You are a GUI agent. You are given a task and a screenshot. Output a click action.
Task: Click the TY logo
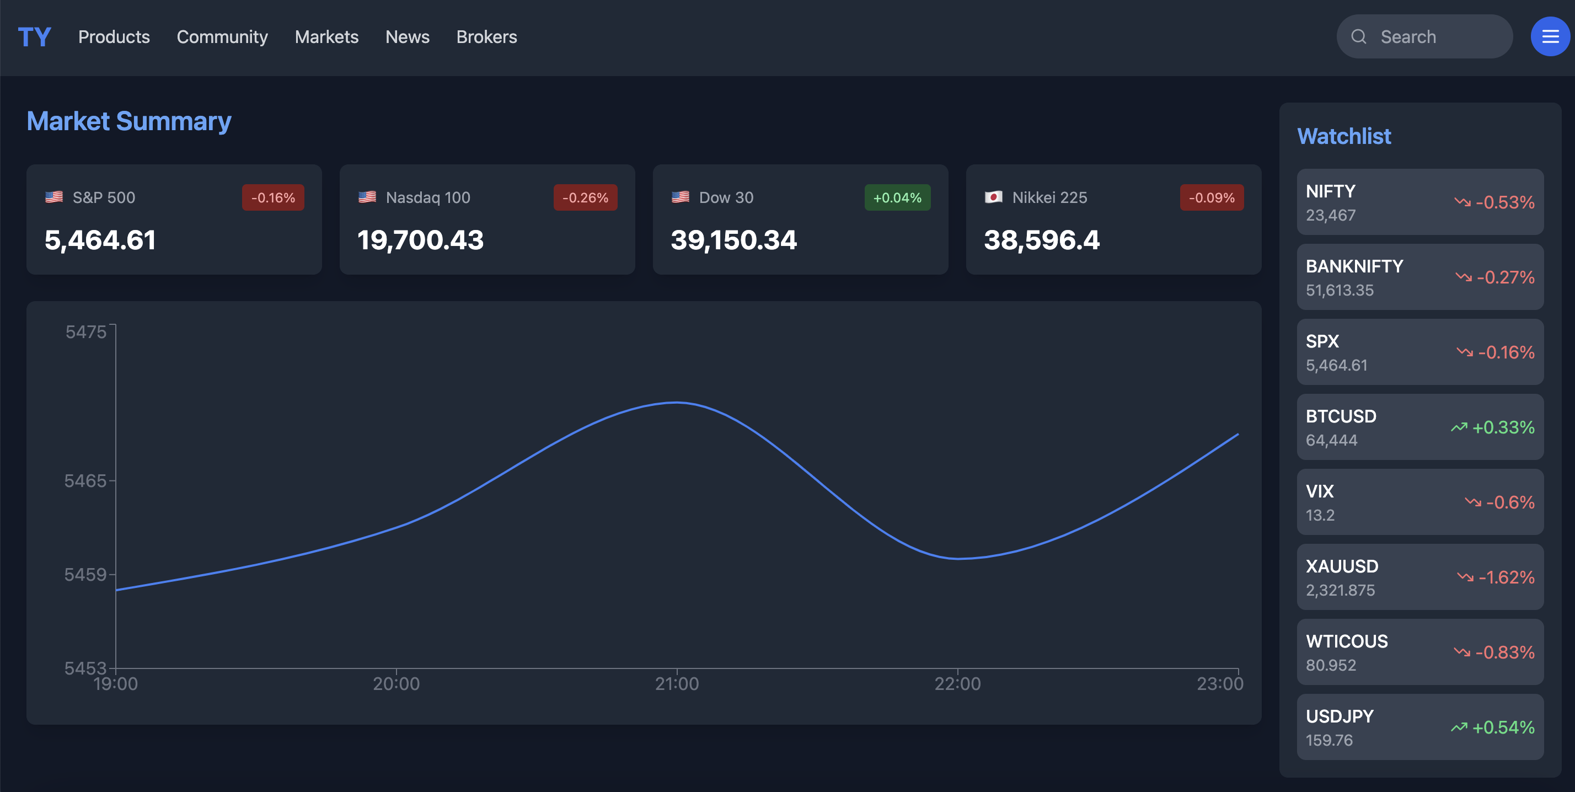point(34,38)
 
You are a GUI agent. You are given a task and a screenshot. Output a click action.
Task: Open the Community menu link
point(222,38)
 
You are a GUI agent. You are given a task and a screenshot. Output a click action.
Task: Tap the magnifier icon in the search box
point(1359,38)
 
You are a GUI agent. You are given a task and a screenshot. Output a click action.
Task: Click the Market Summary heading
point(129,121)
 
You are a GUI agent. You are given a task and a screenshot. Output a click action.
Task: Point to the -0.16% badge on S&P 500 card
point(272,197)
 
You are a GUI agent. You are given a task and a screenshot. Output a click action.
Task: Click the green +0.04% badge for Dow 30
point(897,197)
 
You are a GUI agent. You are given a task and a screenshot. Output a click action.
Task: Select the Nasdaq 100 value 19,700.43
point(421,240)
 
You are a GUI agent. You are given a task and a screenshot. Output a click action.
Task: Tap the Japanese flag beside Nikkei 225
point(993,197)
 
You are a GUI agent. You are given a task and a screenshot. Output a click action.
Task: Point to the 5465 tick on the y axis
point(85,481)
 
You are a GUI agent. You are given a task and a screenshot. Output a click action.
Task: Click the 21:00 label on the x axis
point(677,684)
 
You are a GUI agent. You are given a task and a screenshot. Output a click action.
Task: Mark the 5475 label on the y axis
point(85,332)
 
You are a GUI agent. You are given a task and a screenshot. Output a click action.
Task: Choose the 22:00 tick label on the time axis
point(957,684)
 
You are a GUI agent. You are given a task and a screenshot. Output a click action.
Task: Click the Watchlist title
point(1344,136)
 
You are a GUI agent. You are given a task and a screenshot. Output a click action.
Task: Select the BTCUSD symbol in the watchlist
point(1341,416)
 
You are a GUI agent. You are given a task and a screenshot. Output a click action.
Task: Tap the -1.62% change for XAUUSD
point(1506,577)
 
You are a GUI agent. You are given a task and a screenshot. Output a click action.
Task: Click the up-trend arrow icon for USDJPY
point(1459,727)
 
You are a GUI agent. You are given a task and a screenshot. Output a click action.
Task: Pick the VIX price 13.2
point(1320,516)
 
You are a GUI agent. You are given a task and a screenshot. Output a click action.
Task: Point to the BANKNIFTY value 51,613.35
point(1340,291)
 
